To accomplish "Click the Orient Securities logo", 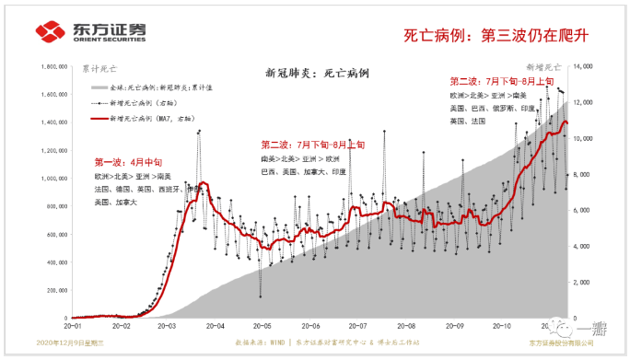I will [x=90, y=32].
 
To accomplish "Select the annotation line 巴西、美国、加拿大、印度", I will [x=303, y=171].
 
